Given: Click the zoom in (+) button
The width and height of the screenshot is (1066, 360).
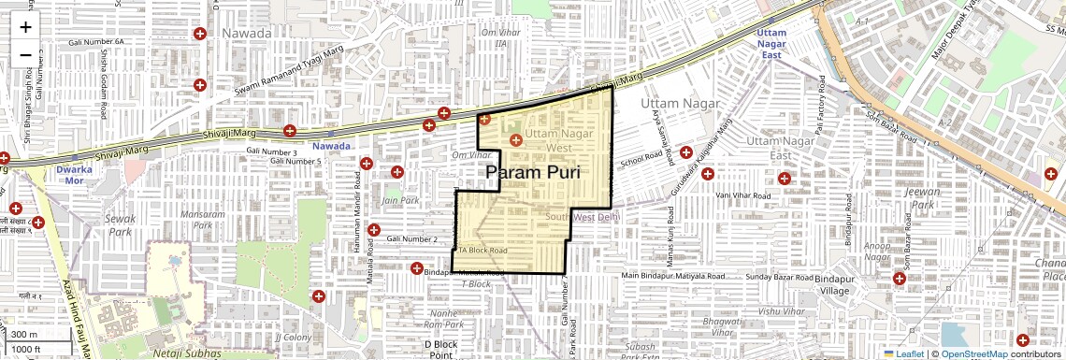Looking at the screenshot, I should click(25, 27).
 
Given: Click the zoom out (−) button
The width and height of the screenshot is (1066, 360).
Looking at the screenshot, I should click(25, 54).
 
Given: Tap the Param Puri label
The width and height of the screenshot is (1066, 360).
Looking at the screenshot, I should click(533, 173).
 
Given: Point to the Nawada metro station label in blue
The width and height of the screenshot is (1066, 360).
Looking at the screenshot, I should click(332, 147).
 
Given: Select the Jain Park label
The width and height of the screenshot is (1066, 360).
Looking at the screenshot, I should click(399, 200).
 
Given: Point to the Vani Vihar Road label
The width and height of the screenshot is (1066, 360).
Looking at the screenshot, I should click(742, 195).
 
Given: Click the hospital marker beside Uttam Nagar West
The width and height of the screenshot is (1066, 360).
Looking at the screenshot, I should click(515, 140).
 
